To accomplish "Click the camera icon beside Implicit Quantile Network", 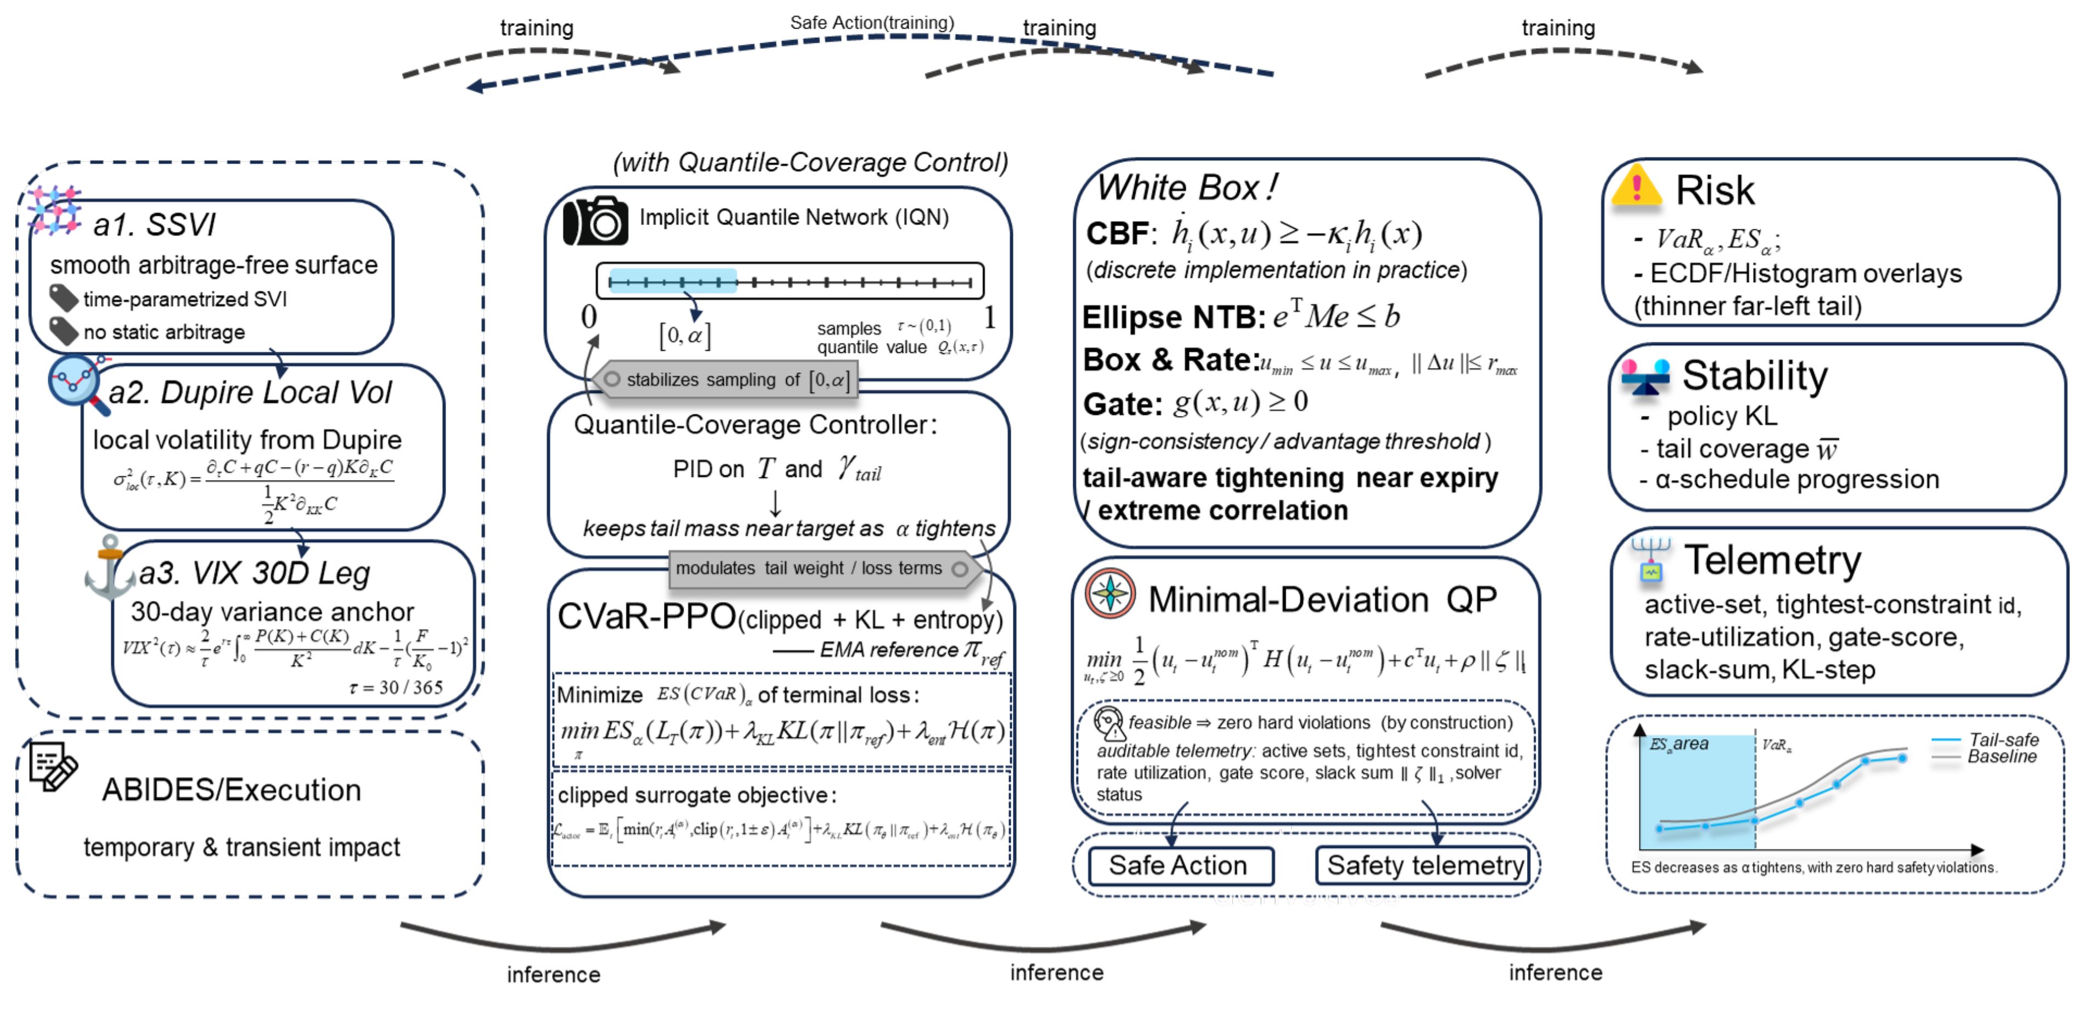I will click(x=595, y=220).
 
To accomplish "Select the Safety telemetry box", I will click(x=1423, y=865).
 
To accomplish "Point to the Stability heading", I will click(x=1754, y=375).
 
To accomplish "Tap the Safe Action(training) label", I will click(x=872, y=22).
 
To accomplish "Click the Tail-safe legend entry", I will click(x=2003, y=740).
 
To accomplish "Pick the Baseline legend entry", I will click(x=2001, y=757).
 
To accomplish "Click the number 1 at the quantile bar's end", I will click(x=990, y=317).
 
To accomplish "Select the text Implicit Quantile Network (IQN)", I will click(x=793, y=217).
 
